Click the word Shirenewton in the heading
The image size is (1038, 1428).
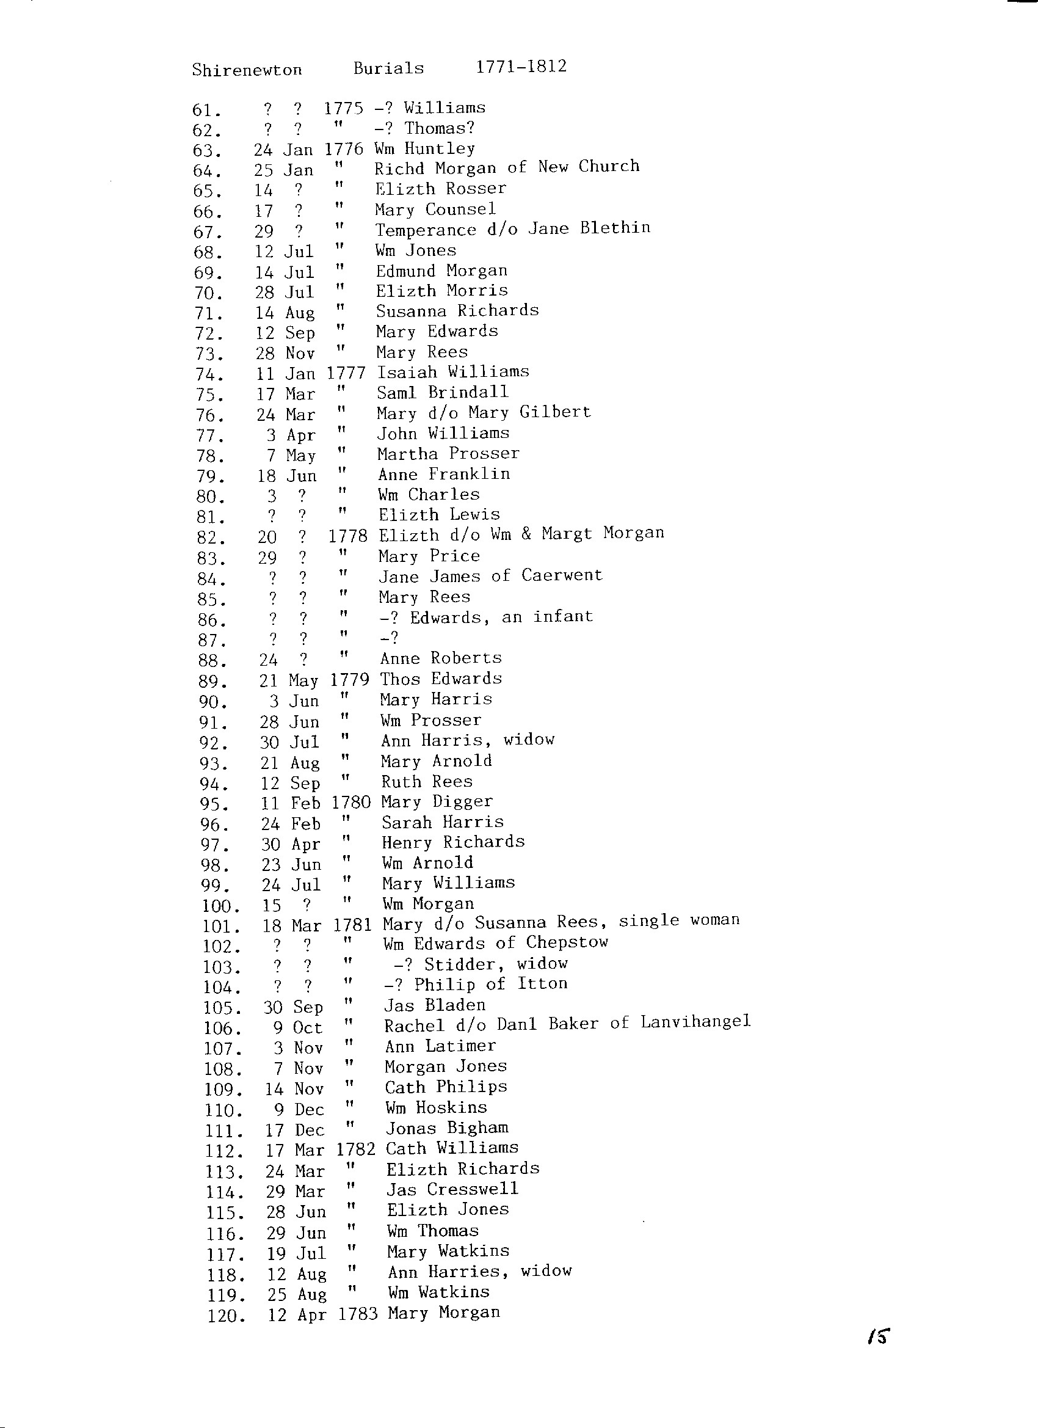[247, 70]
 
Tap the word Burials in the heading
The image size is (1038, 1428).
[388, 68]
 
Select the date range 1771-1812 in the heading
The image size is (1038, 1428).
[521, 67]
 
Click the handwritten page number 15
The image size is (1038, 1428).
[878, 1353]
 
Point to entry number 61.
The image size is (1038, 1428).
[206, 111]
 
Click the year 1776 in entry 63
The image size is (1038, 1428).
[344, 149]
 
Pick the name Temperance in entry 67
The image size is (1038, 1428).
[426, 230]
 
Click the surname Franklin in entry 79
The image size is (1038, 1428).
[479, 474]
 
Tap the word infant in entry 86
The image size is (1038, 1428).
[563, 616]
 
